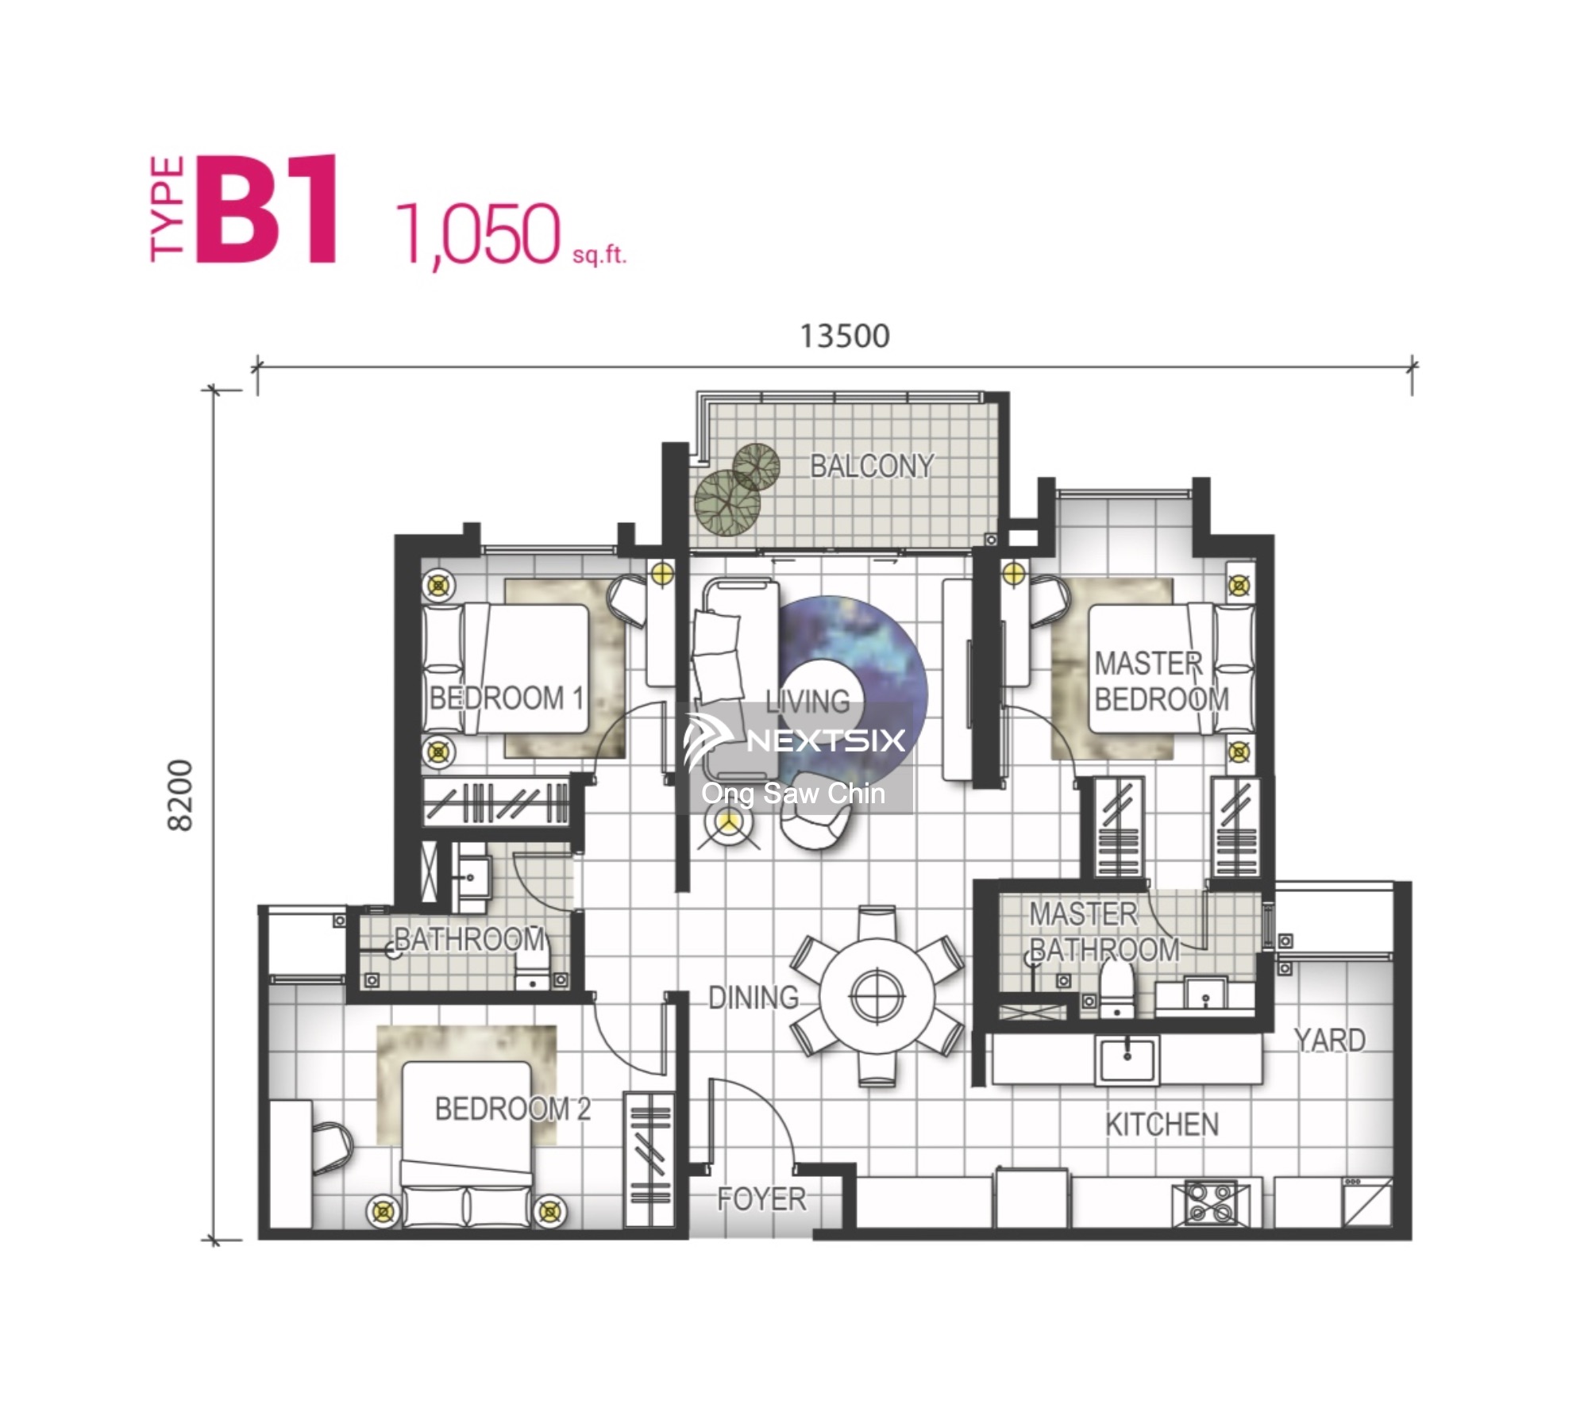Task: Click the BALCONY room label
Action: (872, 466)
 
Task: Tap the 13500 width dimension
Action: (844, 336)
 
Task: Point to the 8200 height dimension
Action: (181, 795)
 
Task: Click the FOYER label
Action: (761, 1199)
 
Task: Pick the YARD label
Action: (1329, 1040)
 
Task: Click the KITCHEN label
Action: (1162, 1125)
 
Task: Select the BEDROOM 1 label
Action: (507, 698)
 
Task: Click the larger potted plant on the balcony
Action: (727, 503)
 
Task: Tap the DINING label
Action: (754, 998)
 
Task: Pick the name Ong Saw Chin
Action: (793, 793)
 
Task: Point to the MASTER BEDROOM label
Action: (1161, 681)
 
